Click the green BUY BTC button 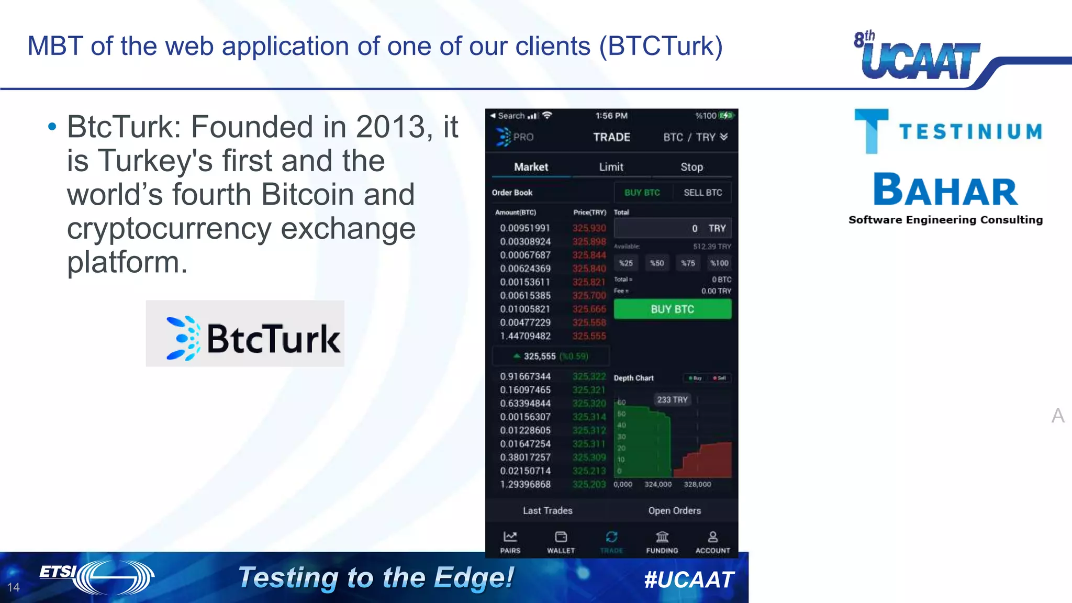672,309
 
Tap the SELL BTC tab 702,193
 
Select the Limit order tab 611,167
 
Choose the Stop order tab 691,167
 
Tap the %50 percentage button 657,263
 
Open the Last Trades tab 548,510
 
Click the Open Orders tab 674,510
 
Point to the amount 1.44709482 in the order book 525,336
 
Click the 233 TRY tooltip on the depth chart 672,400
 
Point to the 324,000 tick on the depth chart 658,485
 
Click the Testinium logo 948,131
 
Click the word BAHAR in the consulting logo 945,191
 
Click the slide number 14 14,587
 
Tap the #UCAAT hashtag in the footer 689,579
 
